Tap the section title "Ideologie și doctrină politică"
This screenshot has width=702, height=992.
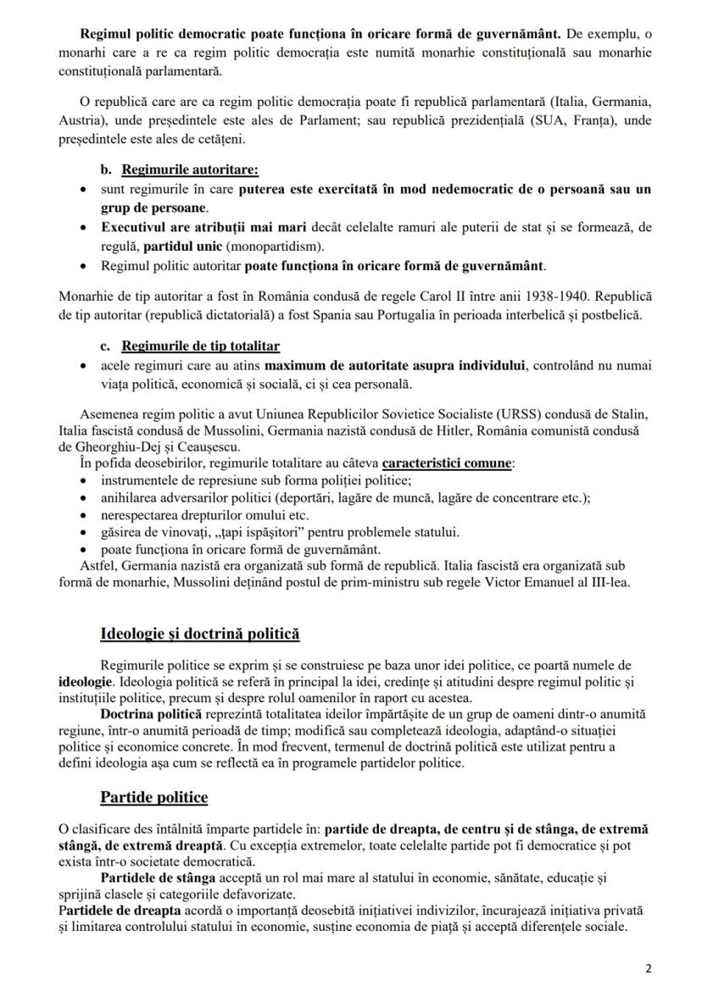199,634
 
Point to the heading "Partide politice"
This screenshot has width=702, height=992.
153,797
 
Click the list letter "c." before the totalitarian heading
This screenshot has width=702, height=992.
107,346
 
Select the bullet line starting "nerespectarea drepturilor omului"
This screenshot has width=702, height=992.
192,515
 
